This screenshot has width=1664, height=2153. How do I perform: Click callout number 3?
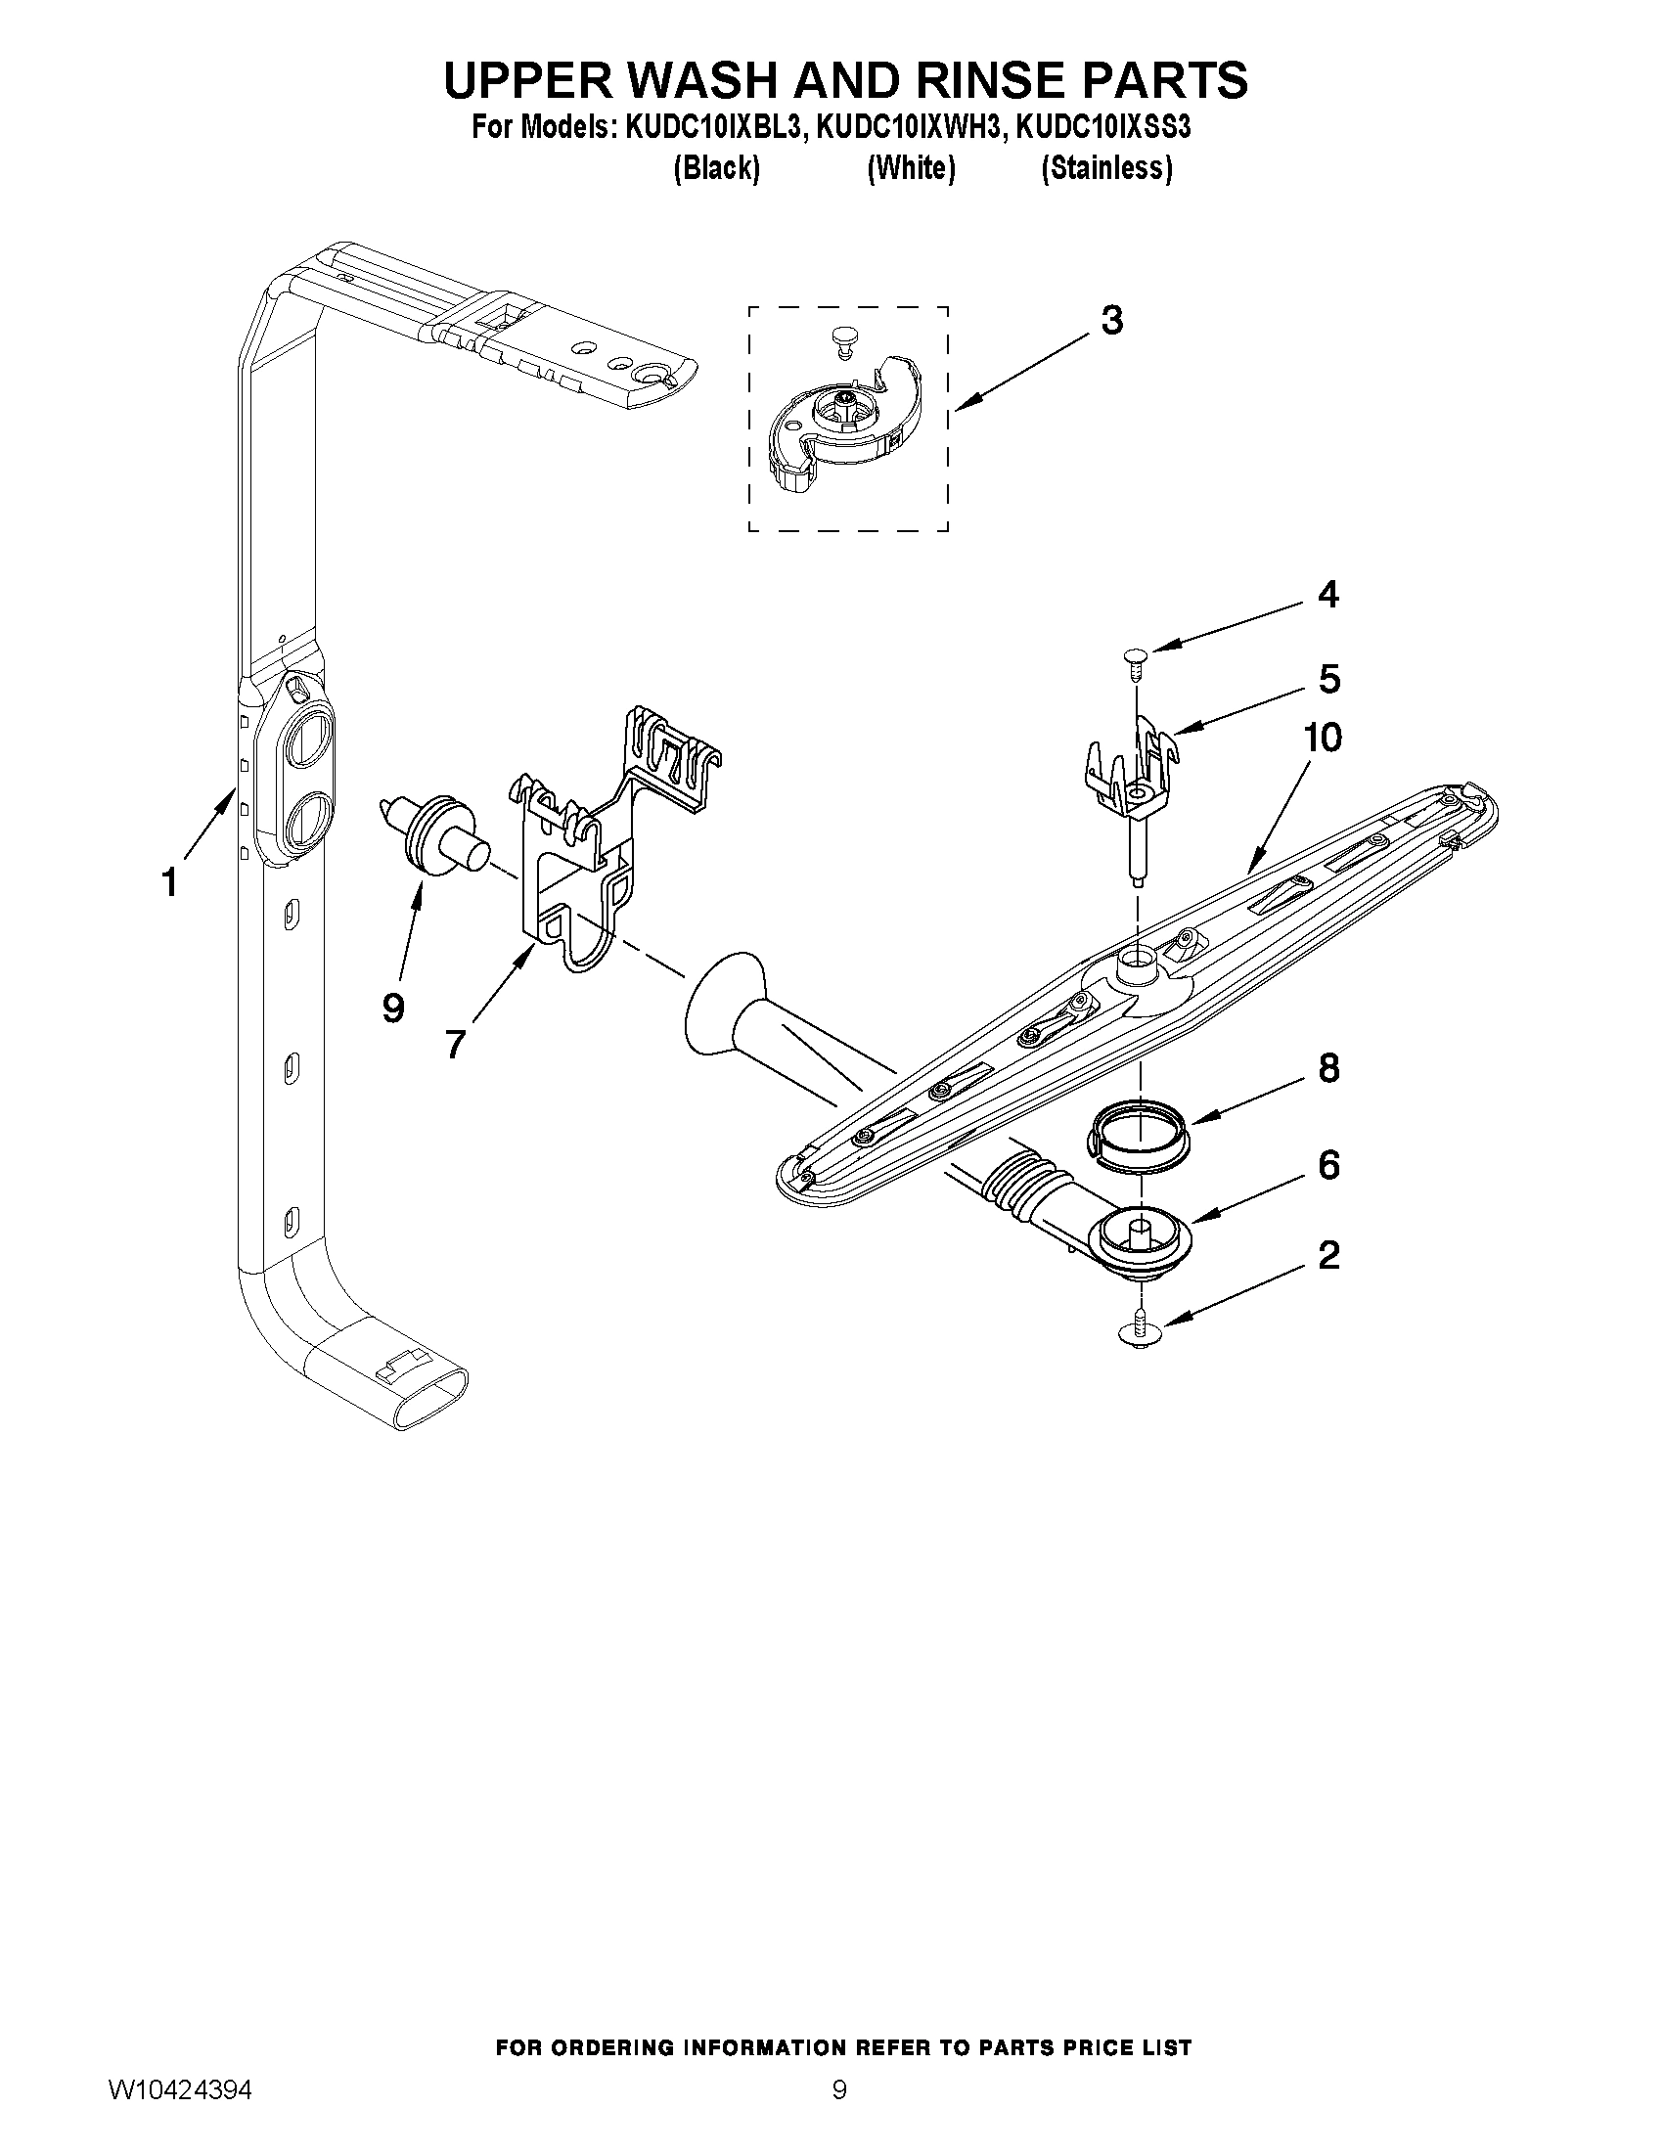1111,322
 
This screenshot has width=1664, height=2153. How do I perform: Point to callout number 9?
392,1008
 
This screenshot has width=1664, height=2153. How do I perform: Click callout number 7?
454,1042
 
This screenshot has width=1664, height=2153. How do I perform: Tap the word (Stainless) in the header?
1107,169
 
